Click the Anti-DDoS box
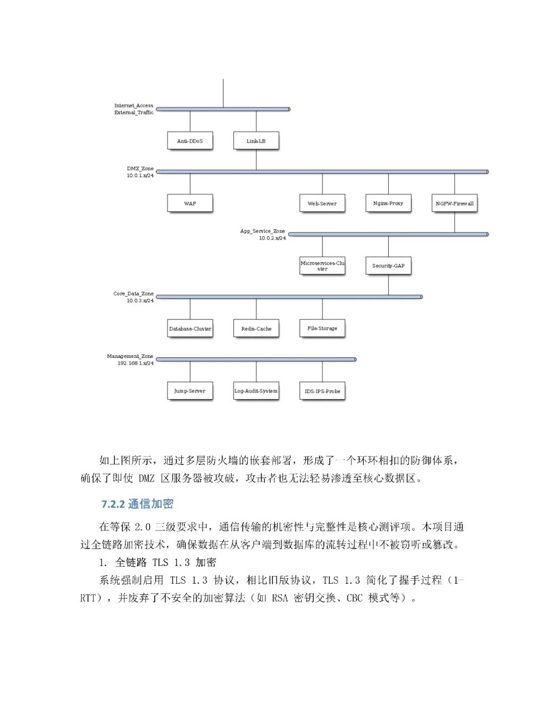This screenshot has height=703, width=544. click(x=190, y=141)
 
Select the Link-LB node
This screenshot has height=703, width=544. click(x=256, y=141)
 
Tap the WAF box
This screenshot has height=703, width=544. click(x=190, y=203)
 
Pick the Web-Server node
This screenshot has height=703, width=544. click(x=322, y=203)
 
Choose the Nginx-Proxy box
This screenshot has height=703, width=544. click(x=388, y=203)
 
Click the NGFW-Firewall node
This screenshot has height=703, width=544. click(x=454, y=203)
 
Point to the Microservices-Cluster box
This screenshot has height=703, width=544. click(x=322, y=266)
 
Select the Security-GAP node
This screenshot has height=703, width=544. click(x=388, y=266)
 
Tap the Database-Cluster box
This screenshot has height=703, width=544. click(x=190, y=329)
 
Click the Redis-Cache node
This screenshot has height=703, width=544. click(x=256, y=329)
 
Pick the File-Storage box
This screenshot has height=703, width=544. click(x=322, y=329)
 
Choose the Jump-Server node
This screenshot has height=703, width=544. click(x=190, y=391)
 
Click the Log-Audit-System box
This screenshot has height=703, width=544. click(x=256, y=391)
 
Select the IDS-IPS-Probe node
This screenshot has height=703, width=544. click(x=322, y=391)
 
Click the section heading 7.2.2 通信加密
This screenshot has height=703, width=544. click(x=138, y=504)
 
